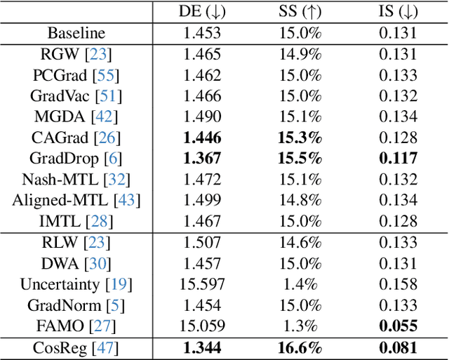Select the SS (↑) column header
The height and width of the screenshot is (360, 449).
point(298,11)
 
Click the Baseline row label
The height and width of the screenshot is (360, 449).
point(76,32)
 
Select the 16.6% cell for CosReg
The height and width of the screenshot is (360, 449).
point(298,347)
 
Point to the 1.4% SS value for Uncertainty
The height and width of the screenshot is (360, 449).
point(298,284)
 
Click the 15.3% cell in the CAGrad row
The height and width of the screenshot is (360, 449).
point(298,138)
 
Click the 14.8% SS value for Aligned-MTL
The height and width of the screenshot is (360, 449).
point(298,201)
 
